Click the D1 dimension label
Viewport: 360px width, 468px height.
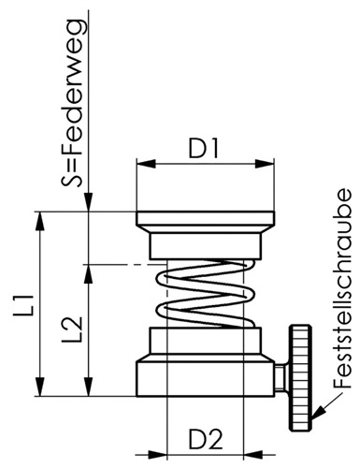pyautogui.click(x=204, y=149)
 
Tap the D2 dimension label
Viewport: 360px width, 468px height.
pyautogui.click(x=206, y=440)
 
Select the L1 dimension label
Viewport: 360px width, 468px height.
pyautogui.click(x=23, y=303)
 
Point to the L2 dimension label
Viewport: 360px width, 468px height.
pyautogui.click(x=72, y=329)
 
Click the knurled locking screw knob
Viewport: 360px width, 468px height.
pyautogui.click(x=300, y=378)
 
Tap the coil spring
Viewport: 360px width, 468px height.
pyautogui.click(x=206, y=293)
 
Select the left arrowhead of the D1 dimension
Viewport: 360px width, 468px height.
pyautogui.click(x=146, y=164)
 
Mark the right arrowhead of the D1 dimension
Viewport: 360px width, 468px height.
pyautogui.click(x=265, y=164)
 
